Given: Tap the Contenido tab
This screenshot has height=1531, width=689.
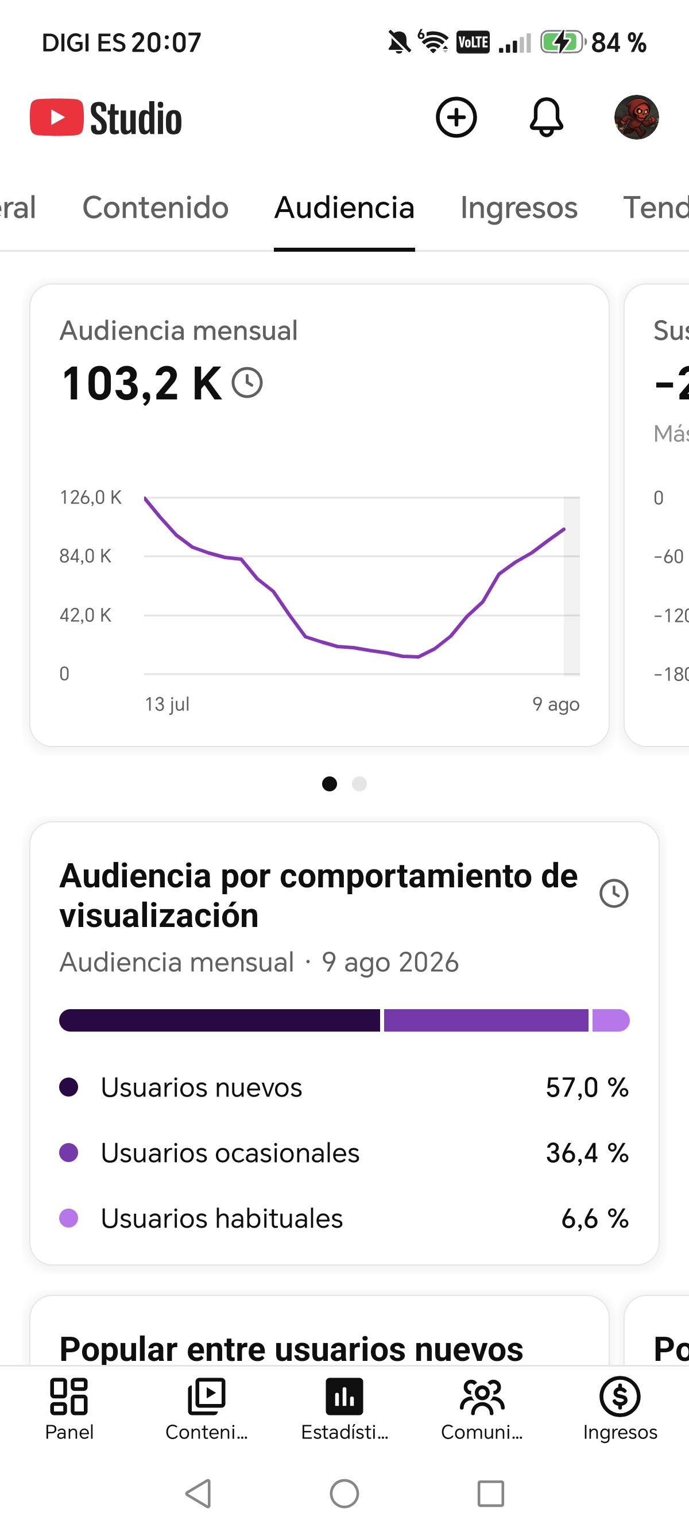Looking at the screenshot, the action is (x=156, y=207).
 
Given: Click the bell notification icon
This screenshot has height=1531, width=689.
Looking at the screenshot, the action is (x=546, y=117).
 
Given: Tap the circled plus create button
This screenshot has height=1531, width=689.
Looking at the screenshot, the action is (x=456, y=117).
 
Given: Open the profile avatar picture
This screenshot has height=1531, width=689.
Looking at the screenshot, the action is (x=636, y=117).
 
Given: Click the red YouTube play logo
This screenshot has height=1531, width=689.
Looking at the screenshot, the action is (x=57, y=117).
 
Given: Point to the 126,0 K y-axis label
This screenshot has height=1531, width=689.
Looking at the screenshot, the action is (x=90, y=497).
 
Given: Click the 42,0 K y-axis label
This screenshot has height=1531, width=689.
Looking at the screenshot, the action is (x=85, y=614).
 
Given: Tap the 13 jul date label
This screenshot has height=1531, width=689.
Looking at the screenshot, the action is (x=167, y=704).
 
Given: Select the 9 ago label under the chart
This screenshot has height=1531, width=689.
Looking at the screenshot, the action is (x=556, y=704).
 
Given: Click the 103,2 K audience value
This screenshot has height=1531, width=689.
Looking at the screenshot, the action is (x=141, y=383).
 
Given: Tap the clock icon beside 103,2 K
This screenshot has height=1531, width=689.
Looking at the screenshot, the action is (x=247, y=382).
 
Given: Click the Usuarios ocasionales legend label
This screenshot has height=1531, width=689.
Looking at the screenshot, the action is (x=230, y=1153).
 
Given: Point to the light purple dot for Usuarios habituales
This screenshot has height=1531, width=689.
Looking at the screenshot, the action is (x=69, y=1218).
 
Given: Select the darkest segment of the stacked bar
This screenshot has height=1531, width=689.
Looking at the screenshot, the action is (x=219, y=1020).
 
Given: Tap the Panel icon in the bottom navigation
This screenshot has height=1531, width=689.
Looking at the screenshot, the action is (x=69, y=1396).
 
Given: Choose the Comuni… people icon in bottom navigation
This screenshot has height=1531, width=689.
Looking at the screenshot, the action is (x=482, y=1396).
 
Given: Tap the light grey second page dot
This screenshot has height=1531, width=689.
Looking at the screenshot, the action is (x=359, y=784).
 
